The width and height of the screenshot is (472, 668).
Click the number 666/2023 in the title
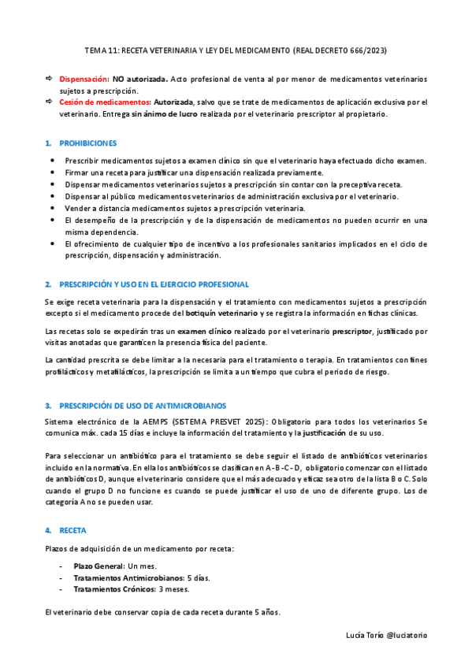coord(363,50)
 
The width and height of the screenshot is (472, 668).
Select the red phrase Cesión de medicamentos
coord(105,102)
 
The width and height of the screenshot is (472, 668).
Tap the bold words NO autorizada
coord(139,80)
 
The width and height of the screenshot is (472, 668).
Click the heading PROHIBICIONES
coord(88,143)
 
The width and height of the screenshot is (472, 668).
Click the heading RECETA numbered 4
coord(73,530)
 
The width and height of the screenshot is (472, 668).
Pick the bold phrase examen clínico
coord(206,332)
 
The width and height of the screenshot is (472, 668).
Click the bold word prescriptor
coord(354,332)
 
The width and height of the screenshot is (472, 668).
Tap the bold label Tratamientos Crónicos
coord(113,589)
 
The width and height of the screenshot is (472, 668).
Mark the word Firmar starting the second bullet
coord(77,173)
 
